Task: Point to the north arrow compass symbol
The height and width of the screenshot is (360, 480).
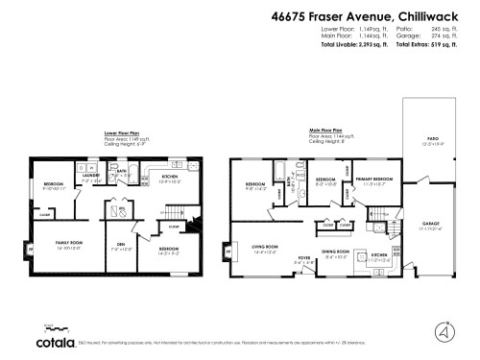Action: (x=444, y=332)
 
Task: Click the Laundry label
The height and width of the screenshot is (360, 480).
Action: (x=90, y=176)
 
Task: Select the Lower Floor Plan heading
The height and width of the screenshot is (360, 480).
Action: (x=122, y=133)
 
